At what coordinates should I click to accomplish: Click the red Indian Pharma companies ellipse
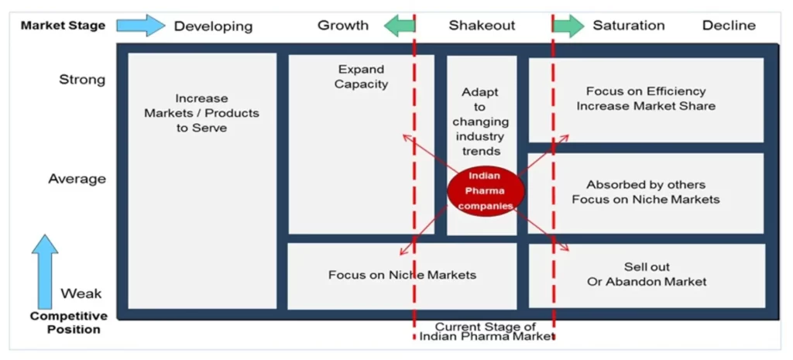486,190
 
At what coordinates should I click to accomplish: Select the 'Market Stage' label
63,26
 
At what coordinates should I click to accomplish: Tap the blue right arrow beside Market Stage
140,26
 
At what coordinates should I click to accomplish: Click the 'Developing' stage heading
213,26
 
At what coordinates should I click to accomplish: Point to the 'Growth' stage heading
342,26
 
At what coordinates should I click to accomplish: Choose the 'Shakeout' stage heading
482,26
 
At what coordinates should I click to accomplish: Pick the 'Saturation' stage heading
628,26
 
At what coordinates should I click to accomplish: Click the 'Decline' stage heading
728,26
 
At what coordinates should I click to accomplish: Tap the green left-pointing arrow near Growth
399,26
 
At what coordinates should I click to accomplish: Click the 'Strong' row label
82,80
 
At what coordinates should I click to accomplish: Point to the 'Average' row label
77,179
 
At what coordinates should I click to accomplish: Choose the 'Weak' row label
81,294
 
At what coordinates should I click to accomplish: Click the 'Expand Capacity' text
361,77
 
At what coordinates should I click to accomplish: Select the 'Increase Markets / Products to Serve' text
201,113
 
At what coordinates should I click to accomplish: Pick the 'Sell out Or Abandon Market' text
647,274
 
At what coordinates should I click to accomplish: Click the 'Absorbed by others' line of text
646,185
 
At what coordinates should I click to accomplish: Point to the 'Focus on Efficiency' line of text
646,91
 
